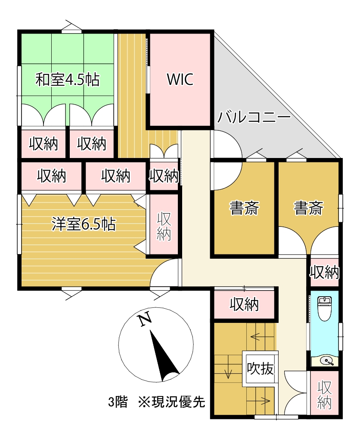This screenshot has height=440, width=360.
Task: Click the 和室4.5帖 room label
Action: point(67,80)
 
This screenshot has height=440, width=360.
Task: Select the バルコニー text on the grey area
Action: point(254,117)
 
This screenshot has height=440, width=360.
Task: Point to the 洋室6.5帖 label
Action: point(84,224)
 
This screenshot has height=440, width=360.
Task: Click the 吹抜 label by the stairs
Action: point(260,369)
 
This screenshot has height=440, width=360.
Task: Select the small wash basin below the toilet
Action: point(327,361)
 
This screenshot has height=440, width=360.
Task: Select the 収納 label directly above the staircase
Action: point(244,304)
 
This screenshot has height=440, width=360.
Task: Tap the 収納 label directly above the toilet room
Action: point(324,272)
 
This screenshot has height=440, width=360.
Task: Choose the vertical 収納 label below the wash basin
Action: point(325,395)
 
